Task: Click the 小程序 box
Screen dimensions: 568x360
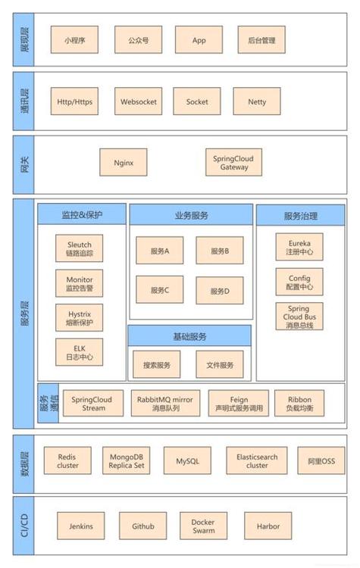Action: point(74,40)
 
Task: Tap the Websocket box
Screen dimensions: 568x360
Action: point(138,101)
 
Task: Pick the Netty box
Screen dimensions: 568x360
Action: point(256,101)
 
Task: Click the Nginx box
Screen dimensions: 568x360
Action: point(123,162)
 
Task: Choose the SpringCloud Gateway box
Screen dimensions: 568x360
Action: point(233,162)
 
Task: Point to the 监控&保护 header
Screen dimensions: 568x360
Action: point(82,215)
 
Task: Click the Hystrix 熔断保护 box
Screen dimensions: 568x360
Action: point(79,317)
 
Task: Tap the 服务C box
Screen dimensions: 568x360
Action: point(159,290)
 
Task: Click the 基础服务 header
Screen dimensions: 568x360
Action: point(189,336)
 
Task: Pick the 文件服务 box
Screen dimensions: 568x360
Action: point(219,365)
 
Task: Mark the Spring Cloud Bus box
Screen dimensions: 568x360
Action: point(299,317)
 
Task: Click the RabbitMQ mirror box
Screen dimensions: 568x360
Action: point(165,403)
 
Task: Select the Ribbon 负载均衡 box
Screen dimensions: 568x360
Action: point(299,403)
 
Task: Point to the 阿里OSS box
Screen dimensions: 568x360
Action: point(321,460)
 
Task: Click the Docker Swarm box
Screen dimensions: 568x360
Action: point(202,526)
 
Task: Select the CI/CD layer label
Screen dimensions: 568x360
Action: point(23,526)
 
